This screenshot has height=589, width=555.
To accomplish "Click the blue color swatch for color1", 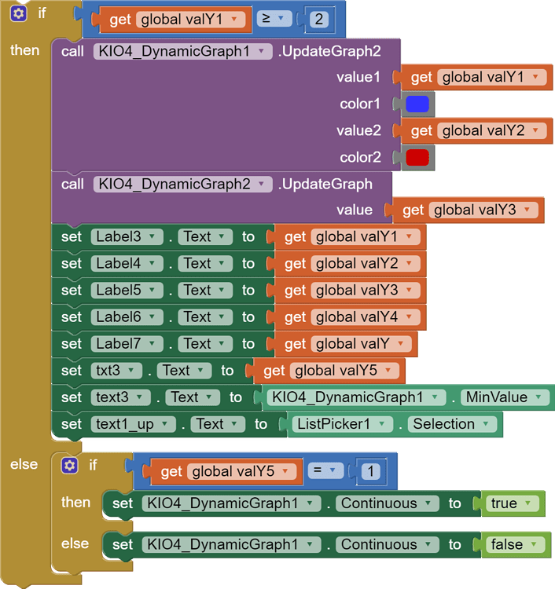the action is click(x=417, y=104).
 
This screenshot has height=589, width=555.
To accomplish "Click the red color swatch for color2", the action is click(x=417, y=157).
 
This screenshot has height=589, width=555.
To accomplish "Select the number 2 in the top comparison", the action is click(x=319, y=19).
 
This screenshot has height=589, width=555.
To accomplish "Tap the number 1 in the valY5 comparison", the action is click(x=370, y=471).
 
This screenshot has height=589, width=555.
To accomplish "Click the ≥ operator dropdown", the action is click(x=274, y=19).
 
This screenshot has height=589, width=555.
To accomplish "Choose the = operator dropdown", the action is click(x=325, y=470).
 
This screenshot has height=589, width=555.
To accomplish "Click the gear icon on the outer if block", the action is click(x=18, y=14).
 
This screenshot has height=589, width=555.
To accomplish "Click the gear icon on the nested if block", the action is click(x=69, y=466).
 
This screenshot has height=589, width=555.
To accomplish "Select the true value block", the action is click(x=513, y=503).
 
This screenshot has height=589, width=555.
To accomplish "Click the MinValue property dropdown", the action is click(x=504, y=397).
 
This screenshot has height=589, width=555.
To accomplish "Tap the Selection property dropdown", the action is click(x=451, y=424).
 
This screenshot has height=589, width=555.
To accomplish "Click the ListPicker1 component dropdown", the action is click(x=342, y=424).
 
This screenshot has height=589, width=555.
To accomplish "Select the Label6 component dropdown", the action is click(x=127, y=317).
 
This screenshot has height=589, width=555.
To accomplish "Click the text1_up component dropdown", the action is click(x=133, y=424).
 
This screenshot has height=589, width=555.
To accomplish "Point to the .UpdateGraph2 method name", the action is click(x=329, y=52).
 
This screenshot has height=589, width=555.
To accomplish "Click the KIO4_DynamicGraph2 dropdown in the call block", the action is click(x=182, y=185).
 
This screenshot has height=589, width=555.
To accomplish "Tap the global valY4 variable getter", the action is click(x=351, y=317).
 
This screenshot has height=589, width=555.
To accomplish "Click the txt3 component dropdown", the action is click(x=116, y=371).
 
